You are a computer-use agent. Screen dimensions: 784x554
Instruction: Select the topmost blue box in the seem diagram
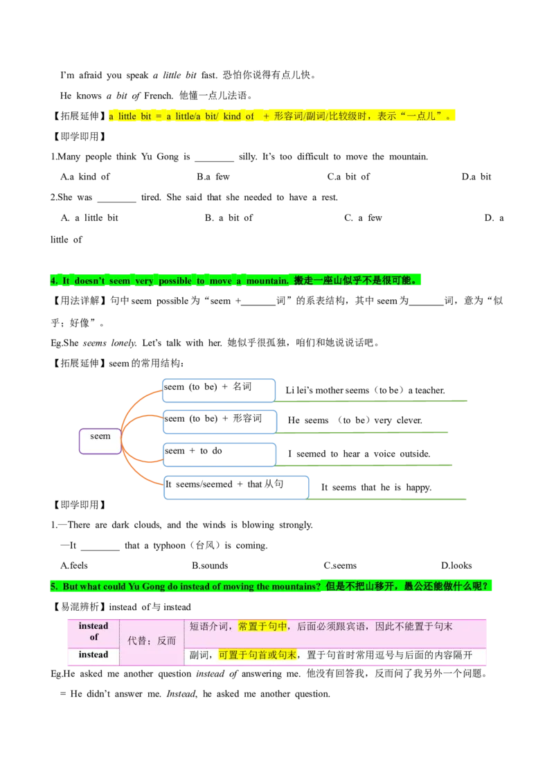pos(219,390)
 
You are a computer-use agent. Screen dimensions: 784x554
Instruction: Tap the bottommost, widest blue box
pos(236,487)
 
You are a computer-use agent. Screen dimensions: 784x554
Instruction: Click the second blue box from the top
pos(221,422)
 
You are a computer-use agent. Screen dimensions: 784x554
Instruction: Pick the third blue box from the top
pos(219,455)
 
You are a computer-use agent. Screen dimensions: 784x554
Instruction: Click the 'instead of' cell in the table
pos(93,631)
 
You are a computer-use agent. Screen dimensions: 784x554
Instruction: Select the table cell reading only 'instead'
pos(93,655)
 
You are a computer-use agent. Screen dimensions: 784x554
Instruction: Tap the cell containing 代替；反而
pos(152,641)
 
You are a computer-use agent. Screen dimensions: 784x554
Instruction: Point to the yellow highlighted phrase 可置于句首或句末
pos(258,655)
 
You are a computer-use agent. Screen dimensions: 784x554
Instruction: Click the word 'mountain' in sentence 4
pos(267,280)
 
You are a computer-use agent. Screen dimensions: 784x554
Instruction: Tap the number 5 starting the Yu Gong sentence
pos(53,587)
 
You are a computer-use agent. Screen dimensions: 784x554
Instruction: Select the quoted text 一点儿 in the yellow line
pos(423,116)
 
